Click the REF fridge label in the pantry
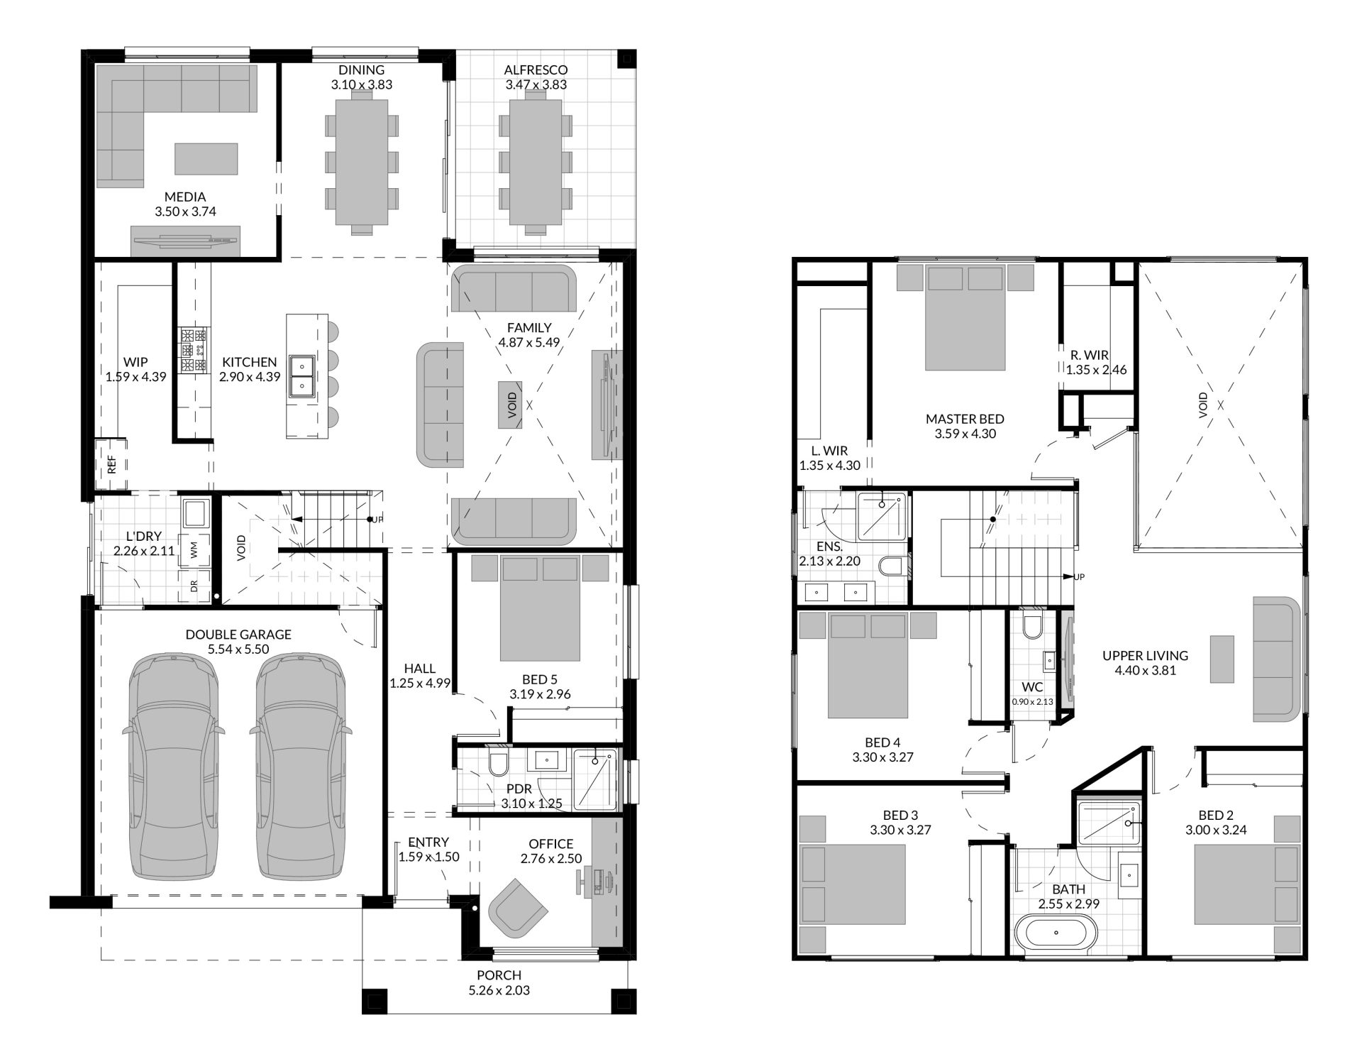click(x=111, y=465)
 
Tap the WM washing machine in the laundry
click(x=194, y=549)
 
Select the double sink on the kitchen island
click(x=301, y=375)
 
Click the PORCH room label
click(x=500, y=975)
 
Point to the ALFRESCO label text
click(x=536, y=70)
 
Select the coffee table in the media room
click(x=206, y=158)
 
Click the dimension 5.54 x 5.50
click(x=238, y=649)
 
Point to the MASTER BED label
click(x=965, y=419)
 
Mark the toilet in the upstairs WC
click(x=1033, y=626)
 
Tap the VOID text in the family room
click(x=511, y=405)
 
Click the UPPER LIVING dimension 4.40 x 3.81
click(x=1145, y=670)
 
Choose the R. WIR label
click(x=1090, y=355)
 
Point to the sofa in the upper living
click(x=1276, y=658)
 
